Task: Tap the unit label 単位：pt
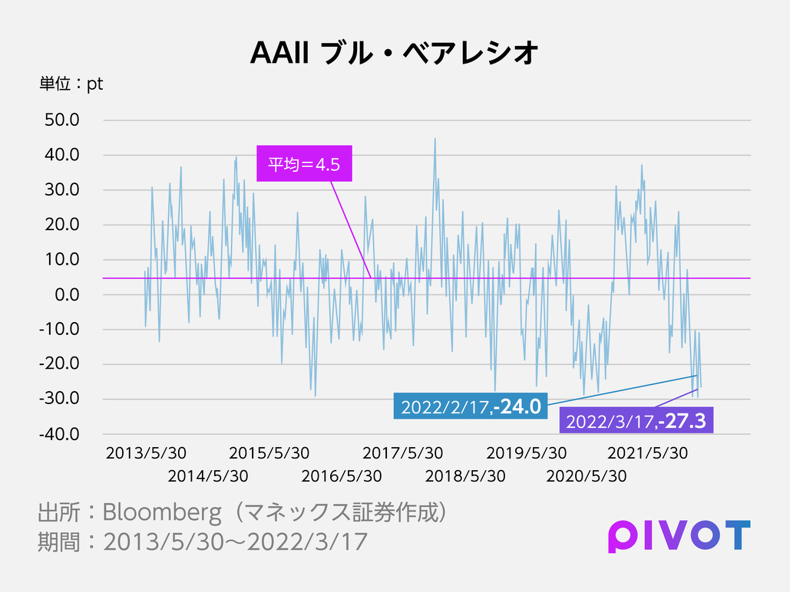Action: click(71, 84)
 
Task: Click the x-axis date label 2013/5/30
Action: click(146, 453)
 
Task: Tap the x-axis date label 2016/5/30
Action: click(341, 476)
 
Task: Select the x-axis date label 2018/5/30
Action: click(465, 476)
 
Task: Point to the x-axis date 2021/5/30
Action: click(647, 453)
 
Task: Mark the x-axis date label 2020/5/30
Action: click(586, 476)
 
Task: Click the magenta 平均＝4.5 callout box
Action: click(303, 163)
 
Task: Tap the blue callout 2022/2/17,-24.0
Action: click(470, 406)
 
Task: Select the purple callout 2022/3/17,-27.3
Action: click(636, 420)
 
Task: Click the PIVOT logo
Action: click(679, 535)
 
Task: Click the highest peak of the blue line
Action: click(435, 140)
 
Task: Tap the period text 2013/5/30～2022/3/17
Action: click(235, 541)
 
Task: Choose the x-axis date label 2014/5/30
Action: click(208, 476)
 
